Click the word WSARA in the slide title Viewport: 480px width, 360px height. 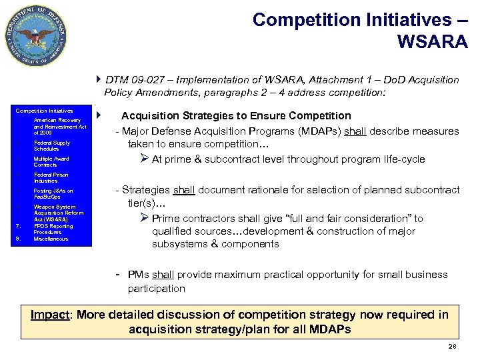tap(432, 41)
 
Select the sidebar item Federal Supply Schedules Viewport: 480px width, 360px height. tap(51, 146)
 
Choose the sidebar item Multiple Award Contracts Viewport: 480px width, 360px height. tap(51, 162)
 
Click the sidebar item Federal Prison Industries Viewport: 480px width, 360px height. tap(51, 178)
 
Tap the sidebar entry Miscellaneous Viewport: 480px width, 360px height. tap(51, 239)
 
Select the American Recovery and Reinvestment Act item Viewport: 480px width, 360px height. tap(60, 127)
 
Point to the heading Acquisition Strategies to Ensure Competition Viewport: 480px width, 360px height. tap(236, 116)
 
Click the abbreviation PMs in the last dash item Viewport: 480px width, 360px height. tap(139, 275)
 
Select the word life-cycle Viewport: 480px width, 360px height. tap(409, 159)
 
